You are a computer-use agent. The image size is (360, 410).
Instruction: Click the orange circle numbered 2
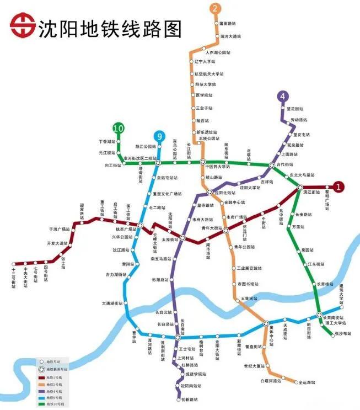[216, 8]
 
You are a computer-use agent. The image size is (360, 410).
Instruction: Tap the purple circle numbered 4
[283, 97]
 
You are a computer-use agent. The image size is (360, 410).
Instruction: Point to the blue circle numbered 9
[159, 136]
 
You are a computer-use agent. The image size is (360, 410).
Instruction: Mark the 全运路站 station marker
[289, 381]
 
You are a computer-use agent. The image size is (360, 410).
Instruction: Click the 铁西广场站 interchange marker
[142, 225]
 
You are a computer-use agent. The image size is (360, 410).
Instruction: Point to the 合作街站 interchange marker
[272, 166]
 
